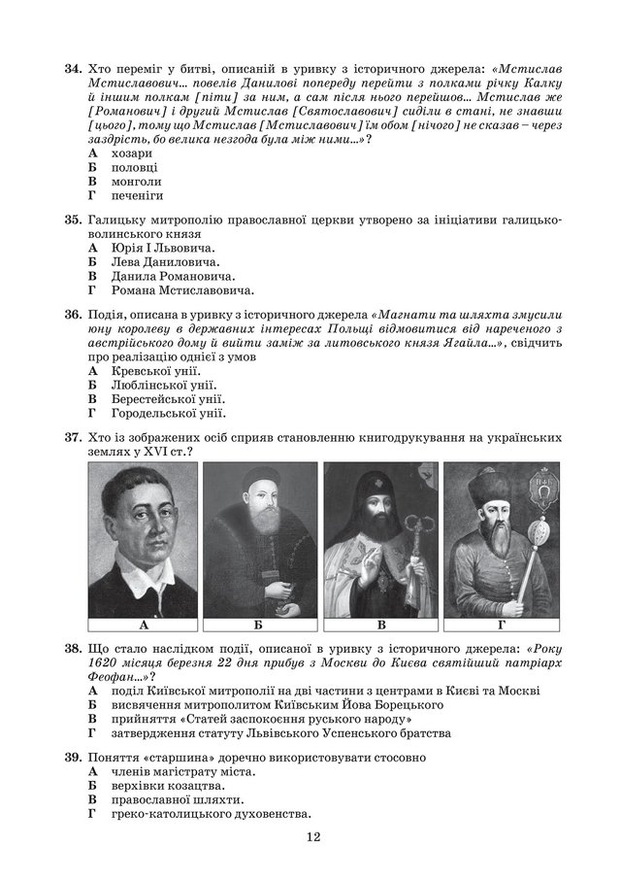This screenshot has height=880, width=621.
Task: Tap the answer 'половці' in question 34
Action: click(136, 167)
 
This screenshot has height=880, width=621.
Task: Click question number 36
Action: click(71, 316)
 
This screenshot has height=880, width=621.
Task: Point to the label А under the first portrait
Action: click(143, 625)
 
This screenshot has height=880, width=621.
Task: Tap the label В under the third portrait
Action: click(381, 625)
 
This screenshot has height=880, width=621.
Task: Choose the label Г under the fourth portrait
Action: click(501, 625)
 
